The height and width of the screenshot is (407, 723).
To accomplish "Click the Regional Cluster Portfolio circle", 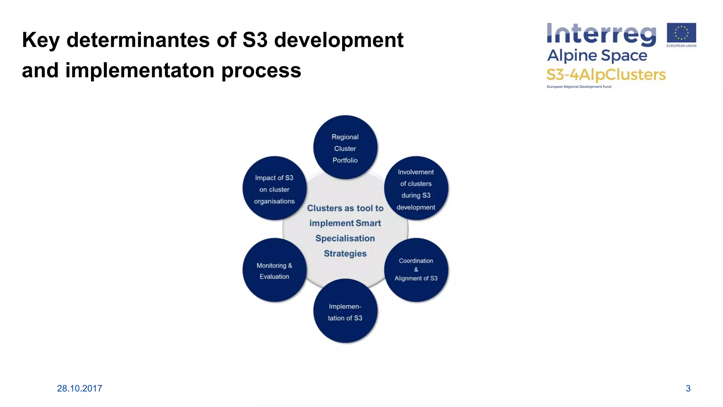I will (x=345, y=148).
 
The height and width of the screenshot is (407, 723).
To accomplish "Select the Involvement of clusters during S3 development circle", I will (x=416, y=189).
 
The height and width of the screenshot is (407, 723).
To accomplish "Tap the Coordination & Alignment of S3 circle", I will (x=416, y=270).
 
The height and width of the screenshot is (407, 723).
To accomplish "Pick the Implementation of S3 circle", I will (x=345, y=311).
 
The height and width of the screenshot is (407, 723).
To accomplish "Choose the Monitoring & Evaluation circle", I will (x=274, y=270).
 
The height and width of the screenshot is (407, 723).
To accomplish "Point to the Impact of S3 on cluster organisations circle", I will (x=274, y=189).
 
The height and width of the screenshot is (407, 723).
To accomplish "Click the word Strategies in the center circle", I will (x=345, y=254).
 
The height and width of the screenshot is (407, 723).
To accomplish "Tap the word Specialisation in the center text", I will (x=345, y=238).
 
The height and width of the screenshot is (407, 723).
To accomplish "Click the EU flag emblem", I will (x=681, y=33).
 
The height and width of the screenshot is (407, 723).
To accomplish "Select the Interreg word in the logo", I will (x=601, y=35).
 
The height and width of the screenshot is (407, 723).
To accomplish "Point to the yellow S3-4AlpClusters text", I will (x=606, y=75).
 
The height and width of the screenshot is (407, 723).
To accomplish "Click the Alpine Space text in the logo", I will (x=597, y=55).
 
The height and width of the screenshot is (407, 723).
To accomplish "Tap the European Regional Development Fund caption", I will (x=579, y=87).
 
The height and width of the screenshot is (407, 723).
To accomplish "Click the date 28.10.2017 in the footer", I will (x=79, y=388).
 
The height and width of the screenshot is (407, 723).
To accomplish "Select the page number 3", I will (x=688, y=388).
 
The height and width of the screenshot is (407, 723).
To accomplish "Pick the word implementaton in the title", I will (x=140, y=70).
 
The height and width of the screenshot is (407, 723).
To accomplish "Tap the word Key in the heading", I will (x=41, y=40).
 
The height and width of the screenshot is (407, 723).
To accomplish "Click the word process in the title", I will (x=261, y=71).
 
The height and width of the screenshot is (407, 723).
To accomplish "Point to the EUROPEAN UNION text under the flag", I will (x=681, y=46).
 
